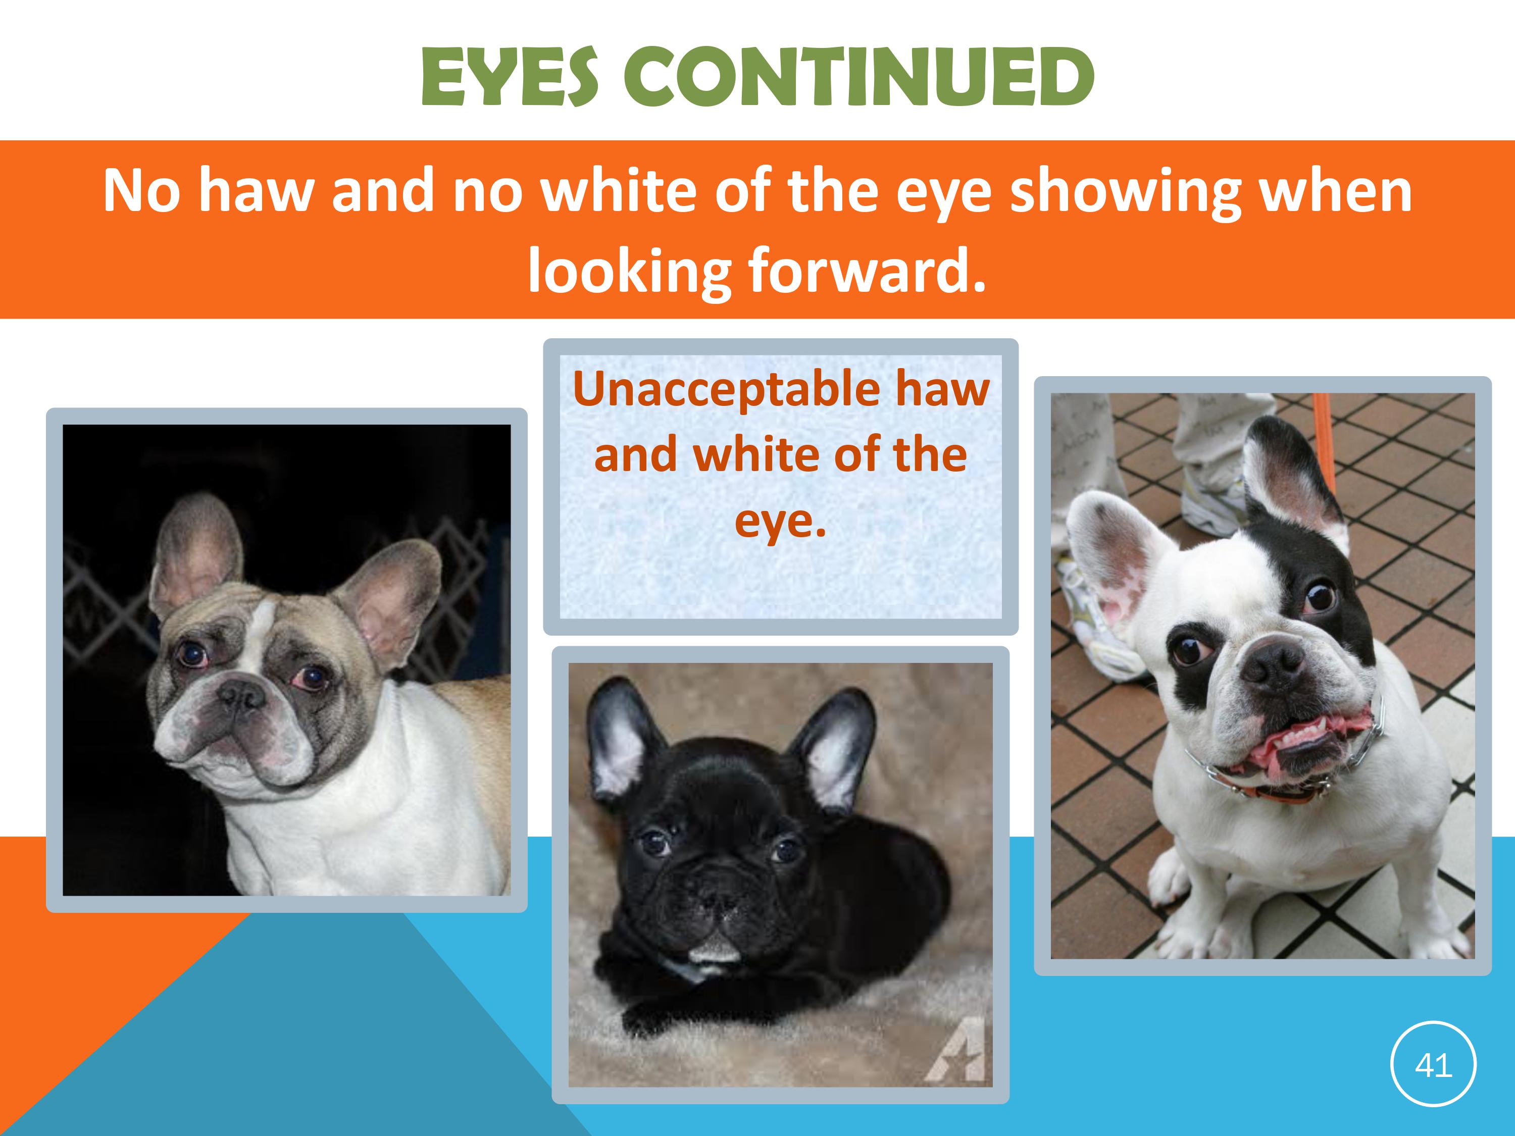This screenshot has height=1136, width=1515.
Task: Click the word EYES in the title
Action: click(510, 76)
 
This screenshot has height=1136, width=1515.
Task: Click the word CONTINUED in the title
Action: click(857, 76)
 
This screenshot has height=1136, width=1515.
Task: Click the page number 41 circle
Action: click(1434, 1065)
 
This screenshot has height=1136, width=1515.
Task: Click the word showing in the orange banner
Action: click(1127, 192)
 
